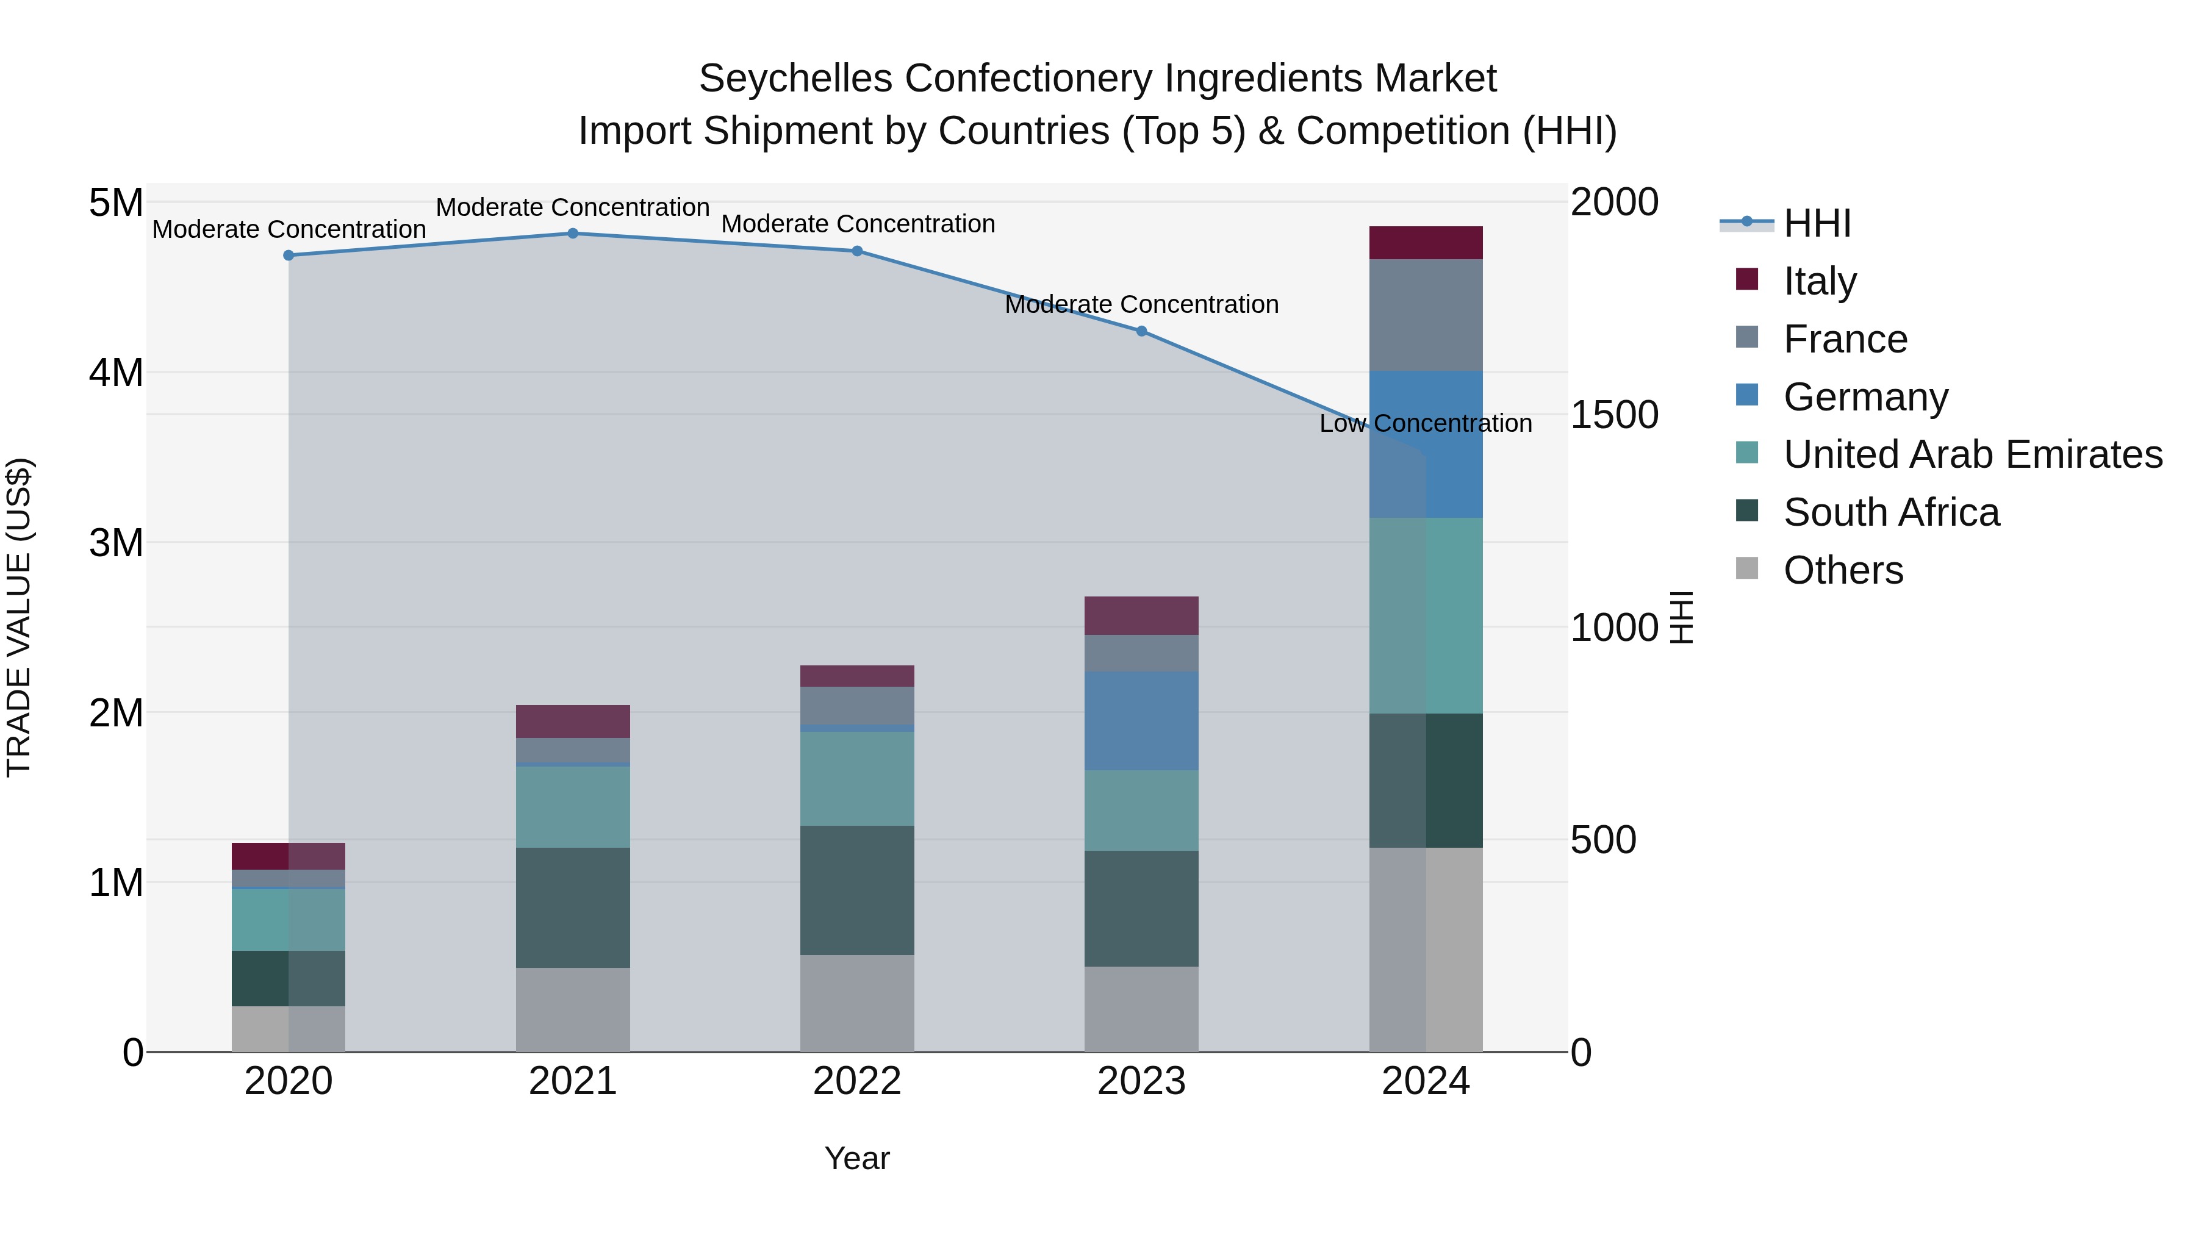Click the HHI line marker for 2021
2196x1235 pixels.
tap(573, 234)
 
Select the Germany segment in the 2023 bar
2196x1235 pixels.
tap(1141, 721)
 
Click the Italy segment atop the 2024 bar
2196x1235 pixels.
tap(1426, 243)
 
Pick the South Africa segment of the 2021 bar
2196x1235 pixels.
tap(573, 907)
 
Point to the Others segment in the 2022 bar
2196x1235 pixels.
tap(857, 1003)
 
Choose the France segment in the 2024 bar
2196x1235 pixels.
tap(1426, 315)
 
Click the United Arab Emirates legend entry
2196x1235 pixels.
tap(1973, 454)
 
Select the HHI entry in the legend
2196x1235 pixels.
tap(1817, 223)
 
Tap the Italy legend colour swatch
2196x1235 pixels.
tap(1747, 279)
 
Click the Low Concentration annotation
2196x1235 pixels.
tap(1426, 424)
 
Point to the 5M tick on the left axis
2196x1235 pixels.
tap(117, 203)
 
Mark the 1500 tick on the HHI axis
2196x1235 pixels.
tap(1613, 415)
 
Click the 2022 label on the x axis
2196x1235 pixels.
tap(857, 1081)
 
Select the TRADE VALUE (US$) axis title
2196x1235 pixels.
tap(20, 618)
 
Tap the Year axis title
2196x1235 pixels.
tap(857, 1158)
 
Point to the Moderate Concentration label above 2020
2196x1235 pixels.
tap(289, 229)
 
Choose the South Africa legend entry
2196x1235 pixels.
tap(1891, 512)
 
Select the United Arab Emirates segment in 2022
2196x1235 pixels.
tap(857, 778)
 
